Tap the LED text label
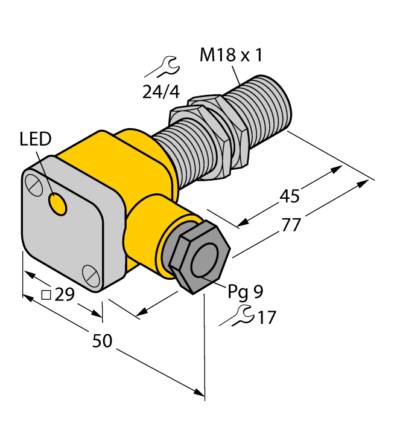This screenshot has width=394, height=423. point(36,140)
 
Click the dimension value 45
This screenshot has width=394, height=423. point(290,196)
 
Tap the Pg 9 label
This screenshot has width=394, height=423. point(245,292)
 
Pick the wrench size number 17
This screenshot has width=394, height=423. point(265,317)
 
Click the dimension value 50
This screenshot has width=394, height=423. point(102,341)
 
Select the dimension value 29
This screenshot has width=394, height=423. point(64,295)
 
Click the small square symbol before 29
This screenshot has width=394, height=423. point(46,295)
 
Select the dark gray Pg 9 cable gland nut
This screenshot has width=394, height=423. point(193,257)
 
